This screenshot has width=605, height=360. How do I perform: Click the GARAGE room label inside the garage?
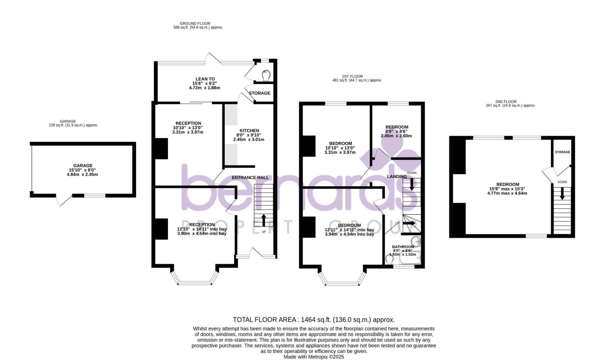83,166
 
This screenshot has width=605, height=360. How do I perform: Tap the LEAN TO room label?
205,79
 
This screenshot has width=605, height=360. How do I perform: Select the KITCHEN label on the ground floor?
249,131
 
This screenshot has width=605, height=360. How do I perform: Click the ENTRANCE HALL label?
250,178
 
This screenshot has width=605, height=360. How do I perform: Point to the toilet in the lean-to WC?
266,76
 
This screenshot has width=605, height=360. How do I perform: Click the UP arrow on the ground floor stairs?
263,220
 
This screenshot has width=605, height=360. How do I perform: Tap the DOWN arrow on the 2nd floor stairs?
562,193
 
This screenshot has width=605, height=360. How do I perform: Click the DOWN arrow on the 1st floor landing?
412,184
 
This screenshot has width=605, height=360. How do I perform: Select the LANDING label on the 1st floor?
397,176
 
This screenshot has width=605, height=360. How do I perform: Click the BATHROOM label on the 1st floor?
403,247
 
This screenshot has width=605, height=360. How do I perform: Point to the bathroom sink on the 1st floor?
415,241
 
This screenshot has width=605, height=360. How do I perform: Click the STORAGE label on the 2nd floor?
562,152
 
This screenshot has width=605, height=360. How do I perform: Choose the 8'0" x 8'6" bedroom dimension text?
397,131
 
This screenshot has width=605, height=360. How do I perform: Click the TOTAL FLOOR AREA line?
314,320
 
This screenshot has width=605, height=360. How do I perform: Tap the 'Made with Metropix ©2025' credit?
314,357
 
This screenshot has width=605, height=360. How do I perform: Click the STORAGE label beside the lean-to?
259,93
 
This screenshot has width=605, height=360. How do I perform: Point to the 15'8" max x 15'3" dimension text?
507,189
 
